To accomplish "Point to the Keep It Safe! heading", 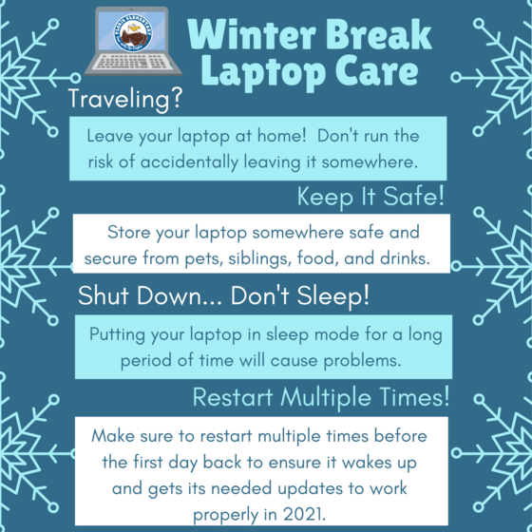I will point(370,198).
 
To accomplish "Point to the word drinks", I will point(430,257).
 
